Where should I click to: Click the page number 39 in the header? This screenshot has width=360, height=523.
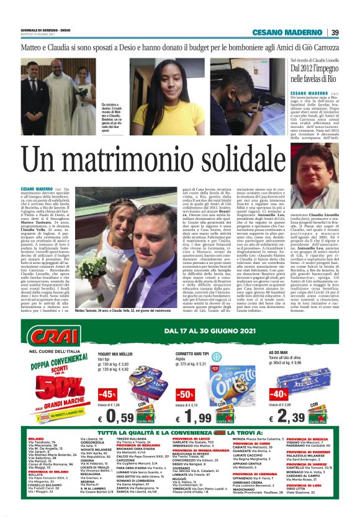[x=335, y=32]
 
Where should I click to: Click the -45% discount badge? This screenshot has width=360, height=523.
[x=107, y=395]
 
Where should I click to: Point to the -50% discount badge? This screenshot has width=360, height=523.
[x=185, y=395]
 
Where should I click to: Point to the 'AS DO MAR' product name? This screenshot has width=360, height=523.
[x=278, y=352]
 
